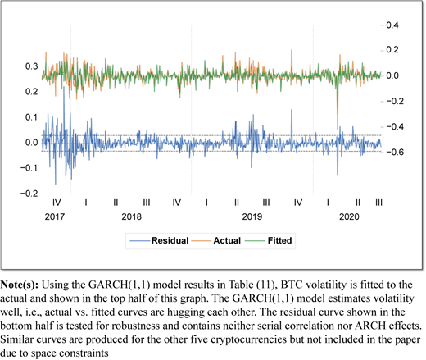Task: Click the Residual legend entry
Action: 159,240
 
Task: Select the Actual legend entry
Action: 216,240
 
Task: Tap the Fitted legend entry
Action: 269,240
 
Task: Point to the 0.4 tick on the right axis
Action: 392,25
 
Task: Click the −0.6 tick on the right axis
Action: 395,152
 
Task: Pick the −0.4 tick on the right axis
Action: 395,126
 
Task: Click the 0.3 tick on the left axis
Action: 31,66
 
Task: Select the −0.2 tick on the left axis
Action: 29,194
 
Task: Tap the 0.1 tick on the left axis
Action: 31,117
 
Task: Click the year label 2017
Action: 55,216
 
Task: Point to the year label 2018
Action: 132,216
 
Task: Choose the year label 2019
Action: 252,216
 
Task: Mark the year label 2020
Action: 349,216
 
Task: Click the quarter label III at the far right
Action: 378,203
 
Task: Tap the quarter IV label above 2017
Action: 57,203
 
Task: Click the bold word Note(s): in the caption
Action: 20,285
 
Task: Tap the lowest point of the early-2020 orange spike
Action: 338,129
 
